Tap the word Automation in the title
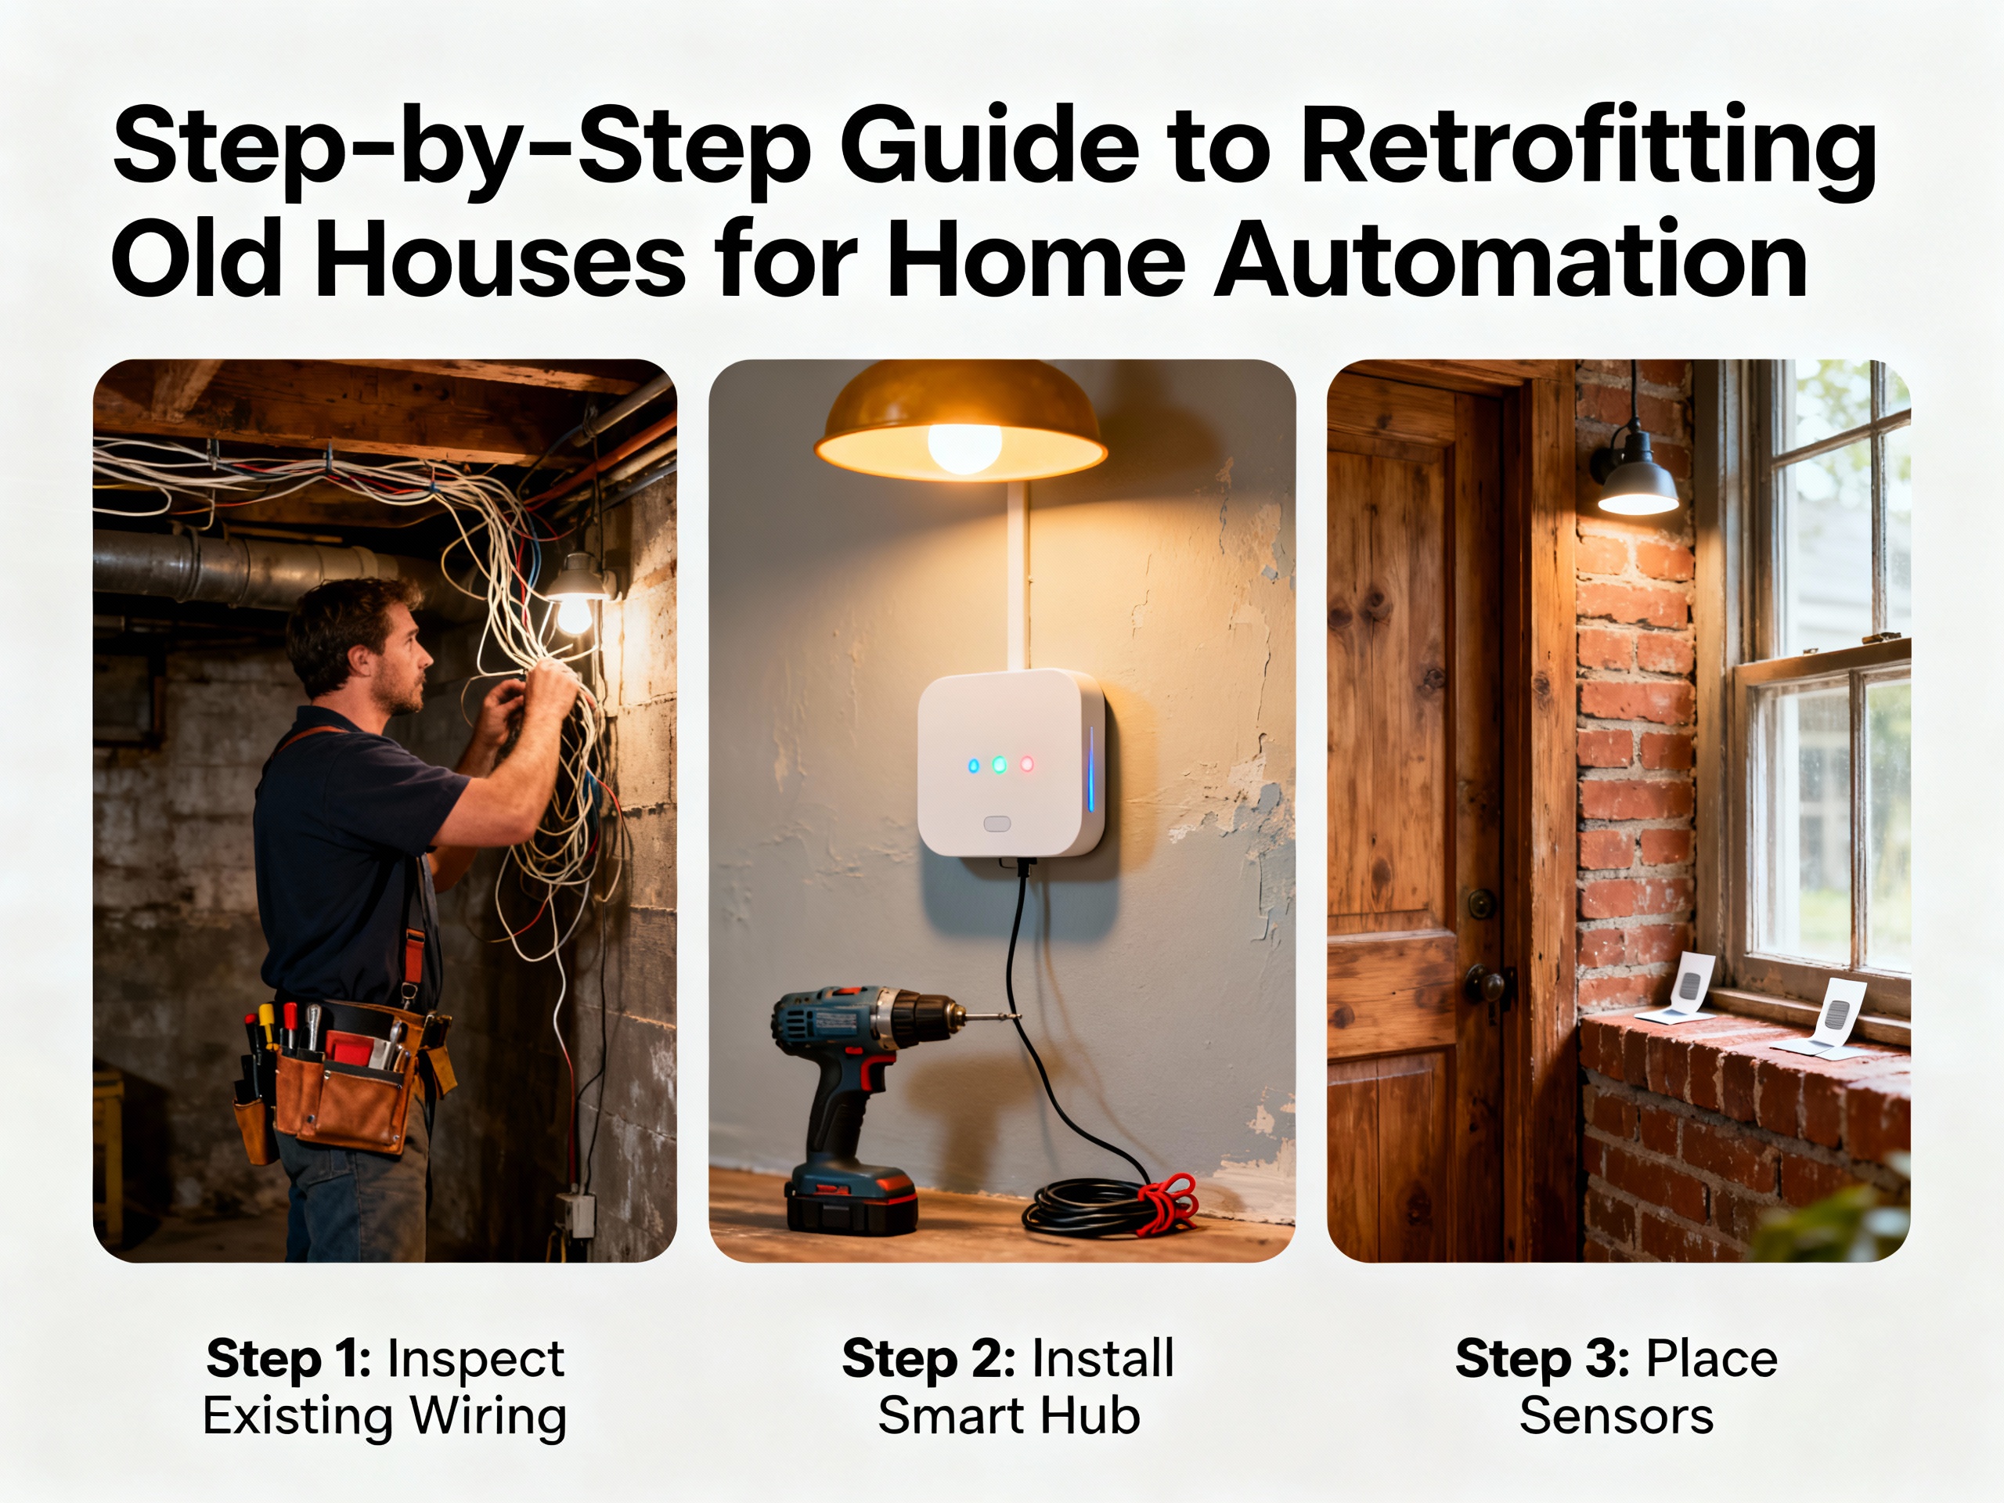(x=1510, y=259)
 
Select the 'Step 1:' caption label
(x=289, y=1359)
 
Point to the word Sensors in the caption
(x=1617, y=1416)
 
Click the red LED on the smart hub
(x=1027, y=765)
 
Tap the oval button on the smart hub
(x=997, y=824)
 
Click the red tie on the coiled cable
(x=1170, y=1203)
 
